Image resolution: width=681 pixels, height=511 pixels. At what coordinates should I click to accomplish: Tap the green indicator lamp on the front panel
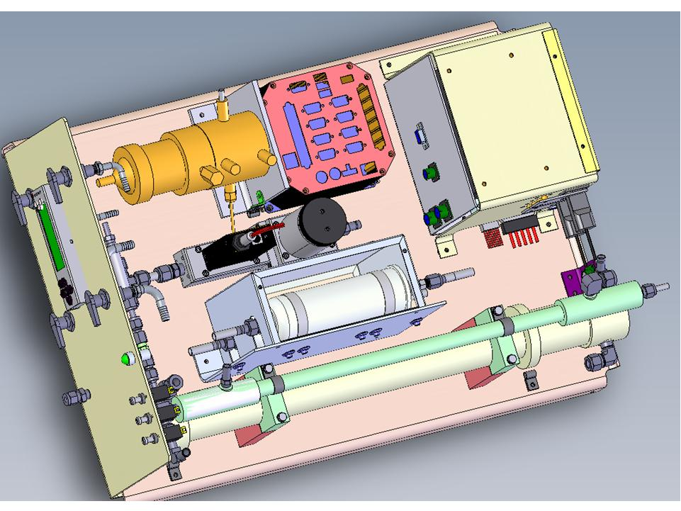click(128, 359)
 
